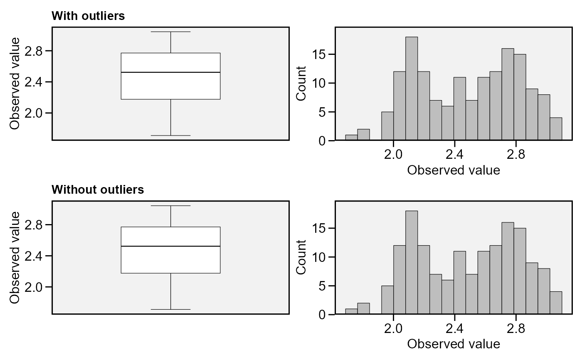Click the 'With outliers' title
(x=88, y=16)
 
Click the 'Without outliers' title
(x=98, y=190)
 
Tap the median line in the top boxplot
(x=170, y=72)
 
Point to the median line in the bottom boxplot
(x=170, y=246)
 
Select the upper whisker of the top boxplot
(x=171, y=42)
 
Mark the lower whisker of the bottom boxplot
(x=171, y=291)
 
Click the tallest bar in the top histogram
(x=412, y=89)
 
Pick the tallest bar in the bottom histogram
(x=412, y=263)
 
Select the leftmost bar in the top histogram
(x=351, y=138)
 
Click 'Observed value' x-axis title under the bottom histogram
(x=454, y=344)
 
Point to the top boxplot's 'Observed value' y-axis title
(x=15, y=83)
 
